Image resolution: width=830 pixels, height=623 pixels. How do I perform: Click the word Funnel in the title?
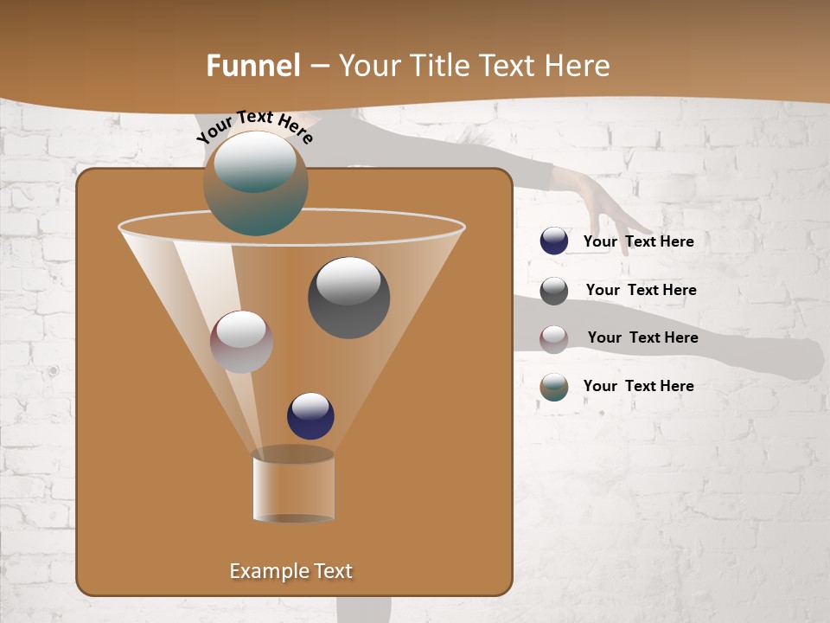click(252, 66)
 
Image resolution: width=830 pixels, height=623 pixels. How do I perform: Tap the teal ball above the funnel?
click(256, 183)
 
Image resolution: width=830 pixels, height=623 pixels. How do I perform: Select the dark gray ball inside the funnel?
click(348, 298)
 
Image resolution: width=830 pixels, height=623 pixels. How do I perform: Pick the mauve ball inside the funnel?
click(241, 342)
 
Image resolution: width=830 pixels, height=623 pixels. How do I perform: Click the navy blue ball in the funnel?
click(310, 416)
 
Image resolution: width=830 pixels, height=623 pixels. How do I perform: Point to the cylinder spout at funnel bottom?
click(293, 486)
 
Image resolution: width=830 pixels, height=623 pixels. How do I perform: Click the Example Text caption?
click(290, 571)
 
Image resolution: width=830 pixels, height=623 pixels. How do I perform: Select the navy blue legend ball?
click(554, 241)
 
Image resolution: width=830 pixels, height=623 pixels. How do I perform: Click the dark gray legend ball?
click(554, 291)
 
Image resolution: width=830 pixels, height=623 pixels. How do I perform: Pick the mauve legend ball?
click(554, 338)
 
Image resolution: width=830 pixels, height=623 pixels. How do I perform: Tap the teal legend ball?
click(554, 387)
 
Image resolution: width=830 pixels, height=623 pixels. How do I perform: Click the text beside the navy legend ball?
click(638, 242)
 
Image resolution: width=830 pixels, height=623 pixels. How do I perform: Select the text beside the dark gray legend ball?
click(641, 291)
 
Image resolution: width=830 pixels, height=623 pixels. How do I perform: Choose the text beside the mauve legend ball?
click(642, 338)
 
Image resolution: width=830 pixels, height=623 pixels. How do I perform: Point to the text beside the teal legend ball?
click(638, 387)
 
